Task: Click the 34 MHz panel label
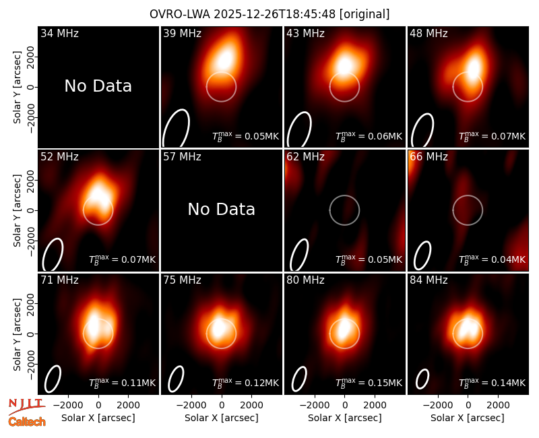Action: [59, 33]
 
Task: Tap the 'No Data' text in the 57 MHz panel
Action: [222, 209]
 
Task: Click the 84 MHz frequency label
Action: [429, 280]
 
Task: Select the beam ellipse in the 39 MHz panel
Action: [176, 129]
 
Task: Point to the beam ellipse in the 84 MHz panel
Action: [422, 379]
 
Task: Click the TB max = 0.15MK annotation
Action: [369, 383]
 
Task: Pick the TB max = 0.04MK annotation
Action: [493, 259]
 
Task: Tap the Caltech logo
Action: [27, 422]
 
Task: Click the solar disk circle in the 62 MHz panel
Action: [344, 195]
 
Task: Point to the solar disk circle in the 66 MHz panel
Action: [468, 195]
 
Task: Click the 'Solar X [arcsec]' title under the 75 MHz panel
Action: [222, 418]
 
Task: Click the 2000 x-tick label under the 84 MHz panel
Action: [498, 405]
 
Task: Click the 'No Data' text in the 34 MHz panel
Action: [98, 86]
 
